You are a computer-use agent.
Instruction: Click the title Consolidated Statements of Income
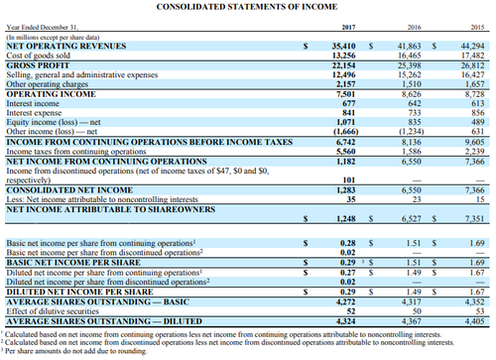click(248, 8)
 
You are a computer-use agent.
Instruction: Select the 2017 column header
click(347, 29)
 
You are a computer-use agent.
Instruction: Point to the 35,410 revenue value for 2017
click(343, 46)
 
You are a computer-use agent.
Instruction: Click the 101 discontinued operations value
click(348, 180)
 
